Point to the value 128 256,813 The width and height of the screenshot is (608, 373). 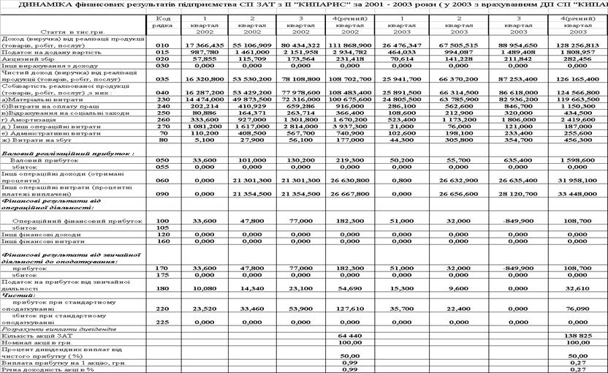[x=579, y=45]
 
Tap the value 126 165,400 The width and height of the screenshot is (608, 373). [x=579, y=76]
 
